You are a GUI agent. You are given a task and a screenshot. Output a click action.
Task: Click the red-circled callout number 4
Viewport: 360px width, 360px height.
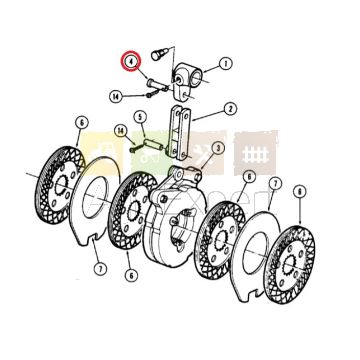click(131, 61)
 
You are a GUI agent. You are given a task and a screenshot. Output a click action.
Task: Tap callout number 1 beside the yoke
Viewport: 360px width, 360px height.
click(226, 63)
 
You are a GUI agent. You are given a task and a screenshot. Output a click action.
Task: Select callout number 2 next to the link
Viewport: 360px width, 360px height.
click(230, 109)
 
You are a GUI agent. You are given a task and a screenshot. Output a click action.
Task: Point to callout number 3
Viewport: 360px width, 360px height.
click(218, 148)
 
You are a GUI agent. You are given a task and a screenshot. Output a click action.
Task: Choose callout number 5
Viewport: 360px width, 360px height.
click(140, 117)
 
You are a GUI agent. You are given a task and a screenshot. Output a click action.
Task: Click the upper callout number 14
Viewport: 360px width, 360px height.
click(116, 97)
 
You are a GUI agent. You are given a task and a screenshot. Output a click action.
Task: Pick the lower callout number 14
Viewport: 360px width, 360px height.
click(121, 130)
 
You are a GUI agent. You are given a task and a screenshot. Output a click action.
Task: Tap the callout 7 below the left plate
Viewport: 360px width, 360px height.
click(100, 268)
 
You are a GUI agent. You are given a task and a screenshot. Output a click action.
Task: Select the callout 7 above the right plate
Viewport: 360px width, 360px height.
click(275, 184)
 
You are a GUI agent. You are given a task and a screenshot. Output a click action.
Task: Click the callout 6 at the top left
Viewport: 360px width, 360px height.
click(82, 123)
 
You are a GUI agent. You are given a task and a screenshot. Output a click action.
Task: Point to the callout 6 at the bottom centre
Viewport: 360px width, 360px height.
click(132, 275)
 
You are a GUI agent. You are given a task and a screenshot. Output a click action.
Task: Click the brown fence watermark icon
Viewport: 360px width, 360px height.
click(255, 153)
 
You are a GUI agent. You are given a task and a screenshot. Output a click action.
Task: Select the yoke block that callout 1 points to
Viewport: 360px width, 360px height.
click(186, 80)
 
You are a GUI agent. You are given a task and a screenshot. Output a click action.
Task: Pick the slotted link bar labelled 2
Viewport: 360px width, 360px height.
click(180, 133)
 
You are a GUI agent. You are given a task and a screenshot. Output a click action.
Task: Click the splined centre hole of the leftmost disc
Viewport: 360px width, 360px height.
click(61, 184)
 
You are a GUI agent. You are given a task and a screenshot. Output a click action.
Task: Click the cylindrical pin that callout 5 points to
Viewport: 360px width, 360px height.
click(153, 144)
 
